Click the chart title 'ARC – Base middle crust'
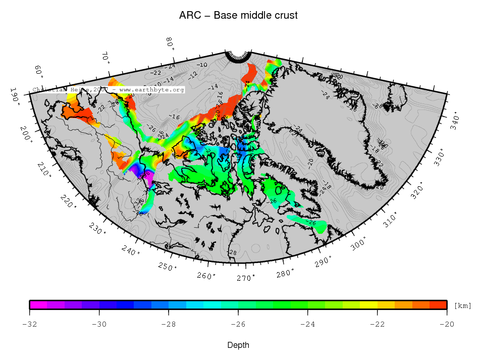point(238,15)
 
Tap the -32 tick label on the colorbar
point(30,324)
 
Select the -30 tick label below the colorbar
point(99,324)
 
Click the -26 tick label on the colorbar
point(238,324)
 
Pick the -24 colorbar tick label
point(308,324)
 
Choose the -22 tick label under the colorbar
point(378,324)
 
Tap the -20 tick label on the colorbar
point(447,324)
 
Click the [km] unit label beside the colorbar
point(463,306)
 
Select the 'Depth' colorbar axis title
point(238,345)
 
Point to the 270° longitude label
point(246,278)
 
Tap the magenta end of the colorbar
point(35,304)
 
